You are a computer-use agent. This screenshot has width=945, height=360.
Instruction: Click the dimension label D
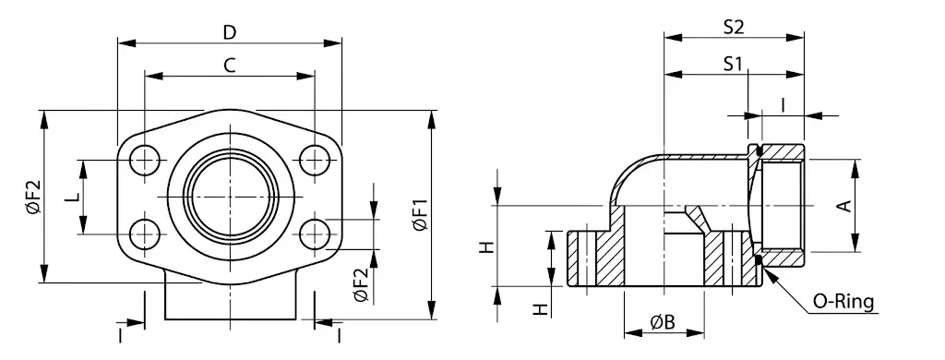(x=230, y=32)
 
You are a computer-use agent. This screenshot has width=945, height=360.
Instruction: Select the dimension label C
(x=230, y=66)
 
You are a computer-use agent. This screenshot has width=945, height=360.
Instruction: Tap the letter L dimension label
(x=72, y=197)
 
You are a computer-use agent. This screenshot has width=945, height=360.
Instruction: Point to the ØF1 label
(x=420, y=214)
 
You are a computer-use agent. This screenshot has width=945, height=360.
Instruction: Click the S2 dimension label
(x=734, y=27)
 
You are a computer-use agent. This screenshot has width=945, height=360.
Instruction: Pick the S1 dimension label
(x=732, y=64)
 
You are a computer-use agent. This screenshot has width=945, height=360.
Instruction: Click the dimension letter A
(x=845, y=206)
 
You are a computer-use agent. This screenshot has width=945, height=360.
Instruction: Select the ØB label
(x=663, y=322)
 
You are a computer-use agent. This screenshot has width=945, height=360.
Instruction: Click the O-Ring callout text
(x=843, y=302)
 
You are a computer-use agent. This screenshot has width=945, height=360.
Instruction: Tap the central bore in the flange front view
(x=230, y=198)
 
